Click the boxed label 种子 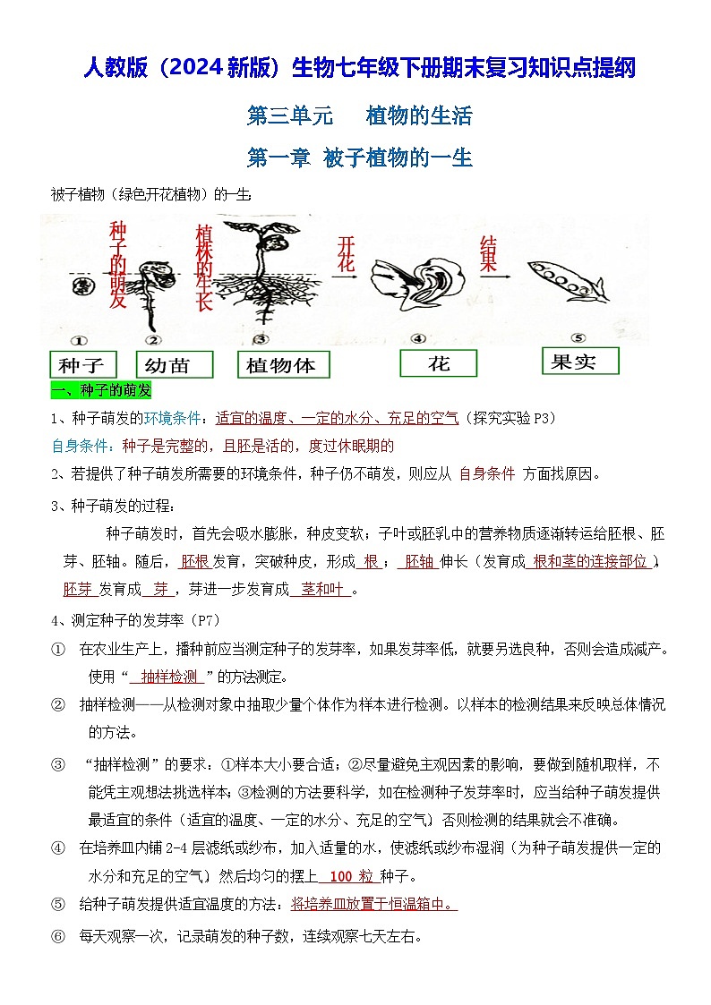[x=81, y=365]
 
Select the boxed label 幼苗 [x=174, y=365]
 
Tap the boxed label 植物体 [x=283, y=365]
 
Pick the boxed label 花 [x=438, y=363]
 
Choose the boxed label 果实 [x=580, y=361]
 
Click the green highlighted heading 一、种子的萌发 [x=101, y=391]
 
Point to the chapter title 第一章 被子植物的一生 [x=359, y=158]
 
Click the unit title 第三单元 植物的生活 [x=359, y=115]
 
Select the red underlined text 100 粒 [x=346, y=876]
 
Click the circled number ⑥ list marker [x=58, y=937]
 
